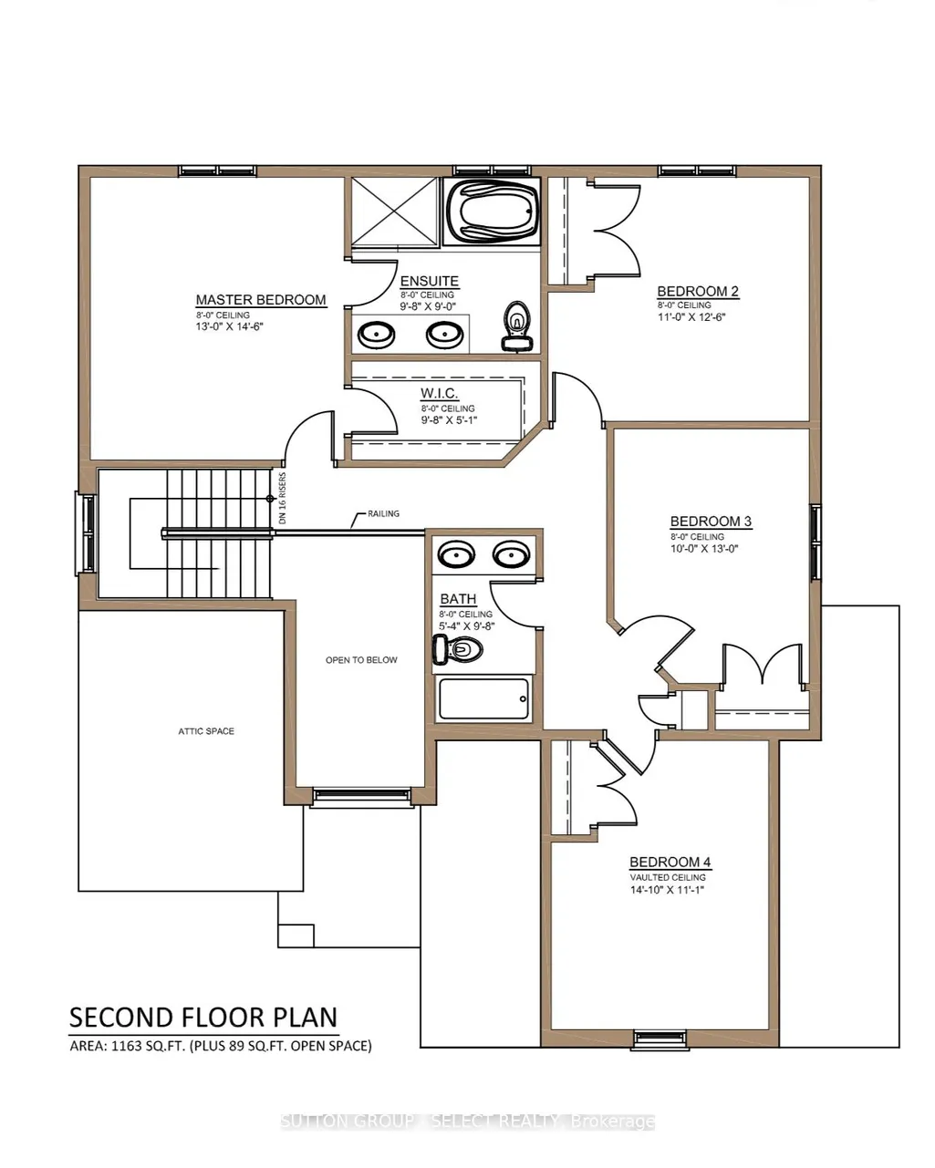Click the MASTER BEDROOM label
coord(261,300)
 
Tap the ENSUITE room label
coord(429,281)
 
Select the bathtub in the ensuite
coord(492,212)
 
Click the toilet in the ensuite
coord(516,326)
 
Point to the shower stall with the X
coord(394,212)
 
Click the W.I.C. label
coord(439,393)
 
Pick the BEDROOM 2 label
coord(698,292)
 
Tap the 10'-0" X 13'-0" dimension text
coord(704,548)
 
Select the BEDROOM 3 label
coord(711,522)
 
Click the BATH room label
coord(458,599)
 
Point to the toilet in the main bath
coord(458,649)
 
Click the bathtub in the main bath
coord(483,699)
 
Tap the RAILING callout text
coord(383,513)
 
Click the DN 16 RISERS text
coord(282,498)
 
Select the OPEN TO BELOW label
coord(361,660)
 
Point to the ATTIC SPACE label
coord(206,731)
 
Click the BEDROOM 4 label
coord(670,862)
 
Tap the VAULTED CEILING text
coord(668,877)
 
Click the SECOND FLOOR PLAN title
coord(203,1018)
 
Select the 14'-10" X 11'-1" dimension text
coord(667,890)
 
